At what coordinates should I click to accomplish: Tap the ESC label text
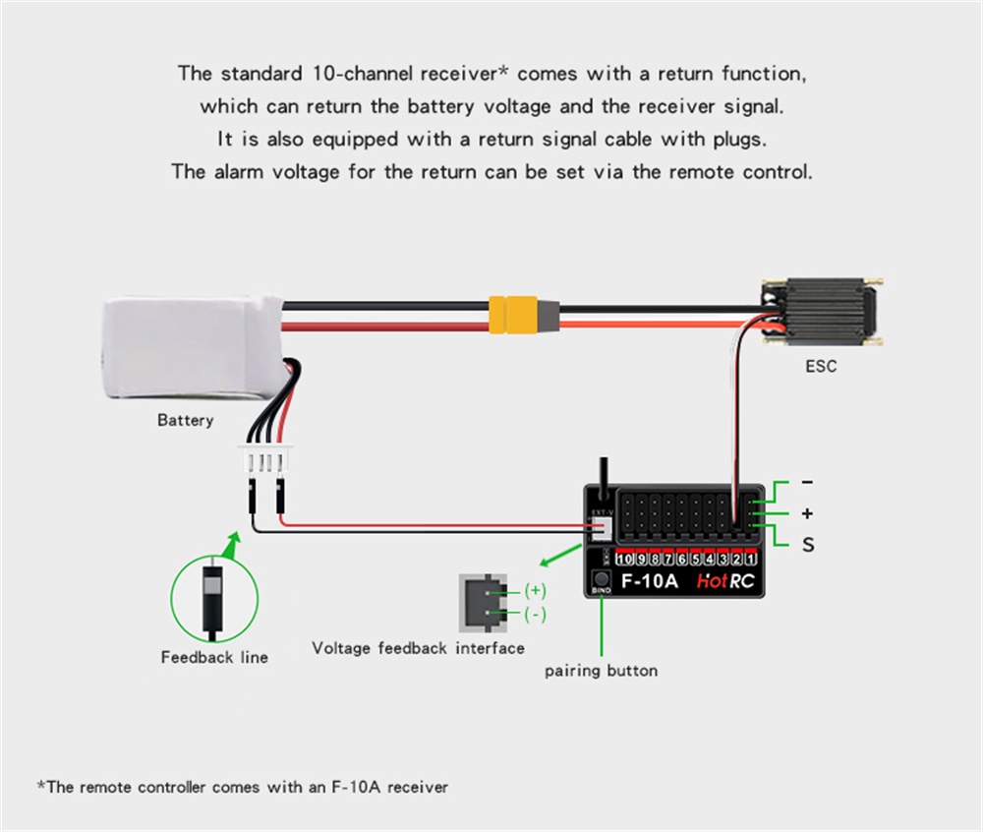[x=821, y=367]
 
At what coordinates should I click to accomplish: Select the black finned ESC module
[x=820, y=312]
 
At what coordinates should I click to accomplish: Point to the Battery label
[x=185, y=421]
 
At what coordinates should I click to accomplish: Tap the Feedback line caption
[x=214, y=657]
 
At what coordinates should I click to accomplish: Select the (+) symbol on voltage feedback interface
[x=535, y=591]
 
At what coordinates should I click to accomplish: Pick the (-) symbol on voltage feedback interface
[x=535, y=615]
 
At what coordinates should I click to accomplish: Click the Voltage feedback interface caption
[x=418, y=648]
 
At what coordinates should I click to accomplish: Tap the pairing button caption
[x=601, y=671]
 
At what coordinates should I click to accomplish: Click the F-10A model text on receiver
[x=650, y=580]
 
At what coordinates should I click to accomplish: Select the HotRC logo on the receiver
[x=725, y=580]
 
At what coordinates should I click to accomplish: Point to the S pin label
[x=808, y=544]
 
